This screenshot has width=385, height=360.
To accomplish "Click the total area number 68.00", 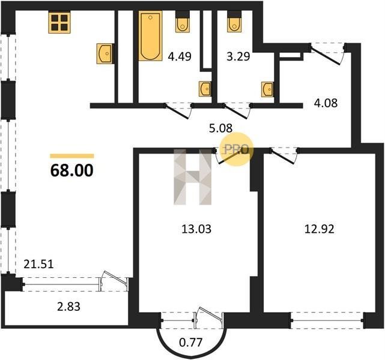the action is pyautogui.click(x=71, y=170).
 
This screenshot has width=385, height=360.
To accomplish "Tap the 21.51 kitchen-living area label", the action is pyautogui.click(x=38, y=264).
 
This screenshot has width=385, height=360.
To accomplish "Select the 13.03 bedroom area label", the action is pyautogui.click(x=196, y=229).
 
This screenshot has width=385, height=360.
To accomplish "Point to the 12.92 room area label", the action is pyautogui.click(x=319, y=229).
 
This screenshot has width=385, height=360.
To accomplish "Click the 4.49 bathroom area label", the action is pyautogui.click(x=180, y=56).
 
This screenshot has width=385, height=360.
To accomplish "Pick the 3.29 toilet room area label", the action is pyautogui.click(x=238, y=56).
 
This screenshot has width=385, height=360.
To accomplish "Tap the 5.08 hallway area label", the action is pyautogui.click(x=221, y=128).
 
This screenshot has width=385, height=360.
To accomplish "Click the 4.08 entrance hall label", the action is pyautogui.click(x=326, y=103).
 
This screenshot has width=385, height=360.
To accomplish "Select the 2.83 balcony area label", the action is pyautogui.click(x=68, y=307).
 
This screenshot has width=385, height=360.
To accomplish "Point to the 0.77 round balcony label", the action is pyautogui.click(x=190, y=342).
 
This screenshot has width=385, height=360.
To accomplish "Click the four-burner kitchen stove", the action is pyautogui.click(x=59, y=22).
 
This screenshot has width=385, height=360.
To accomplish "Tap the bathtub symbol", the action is pyautogui.click(x=151, y=36).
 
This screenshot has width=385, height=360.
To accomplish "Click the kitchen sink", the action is pyautogui.click(x=105, y=53).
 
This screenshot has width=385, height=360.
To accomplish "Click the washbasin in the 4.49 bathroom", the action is pyautogui.click(x=205, y=89).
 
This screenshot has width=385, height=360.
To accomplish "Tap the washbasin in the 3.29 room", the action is pyautogui.click(x=267, y=89).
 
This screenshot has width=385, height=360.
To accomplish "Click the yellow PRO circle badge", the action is pyautogui.click(x=237, y=149).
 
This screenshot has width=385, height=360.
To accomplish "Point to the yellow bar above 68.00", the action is pyautogui.click(x=72, y=156).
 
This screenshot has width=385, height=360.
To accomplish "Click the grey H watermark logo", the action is pyautogui.click(x=192, y=177).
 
